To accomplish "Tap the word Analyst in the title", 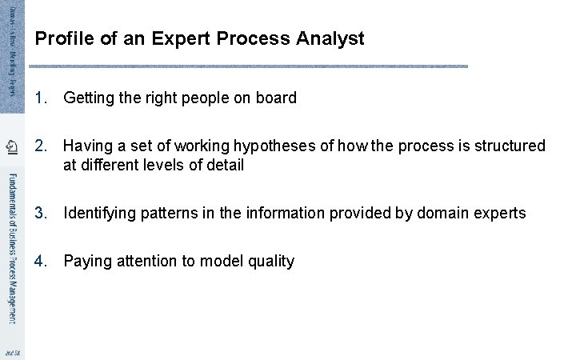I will (x=330, y=38).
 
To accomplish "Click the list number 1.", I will (x=42, y=98).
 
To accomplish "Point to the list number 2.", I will (x=42, y=146).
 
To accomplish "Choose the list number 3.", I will (x=42, y=213).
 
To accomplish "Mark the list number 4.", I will (x=42, y=261).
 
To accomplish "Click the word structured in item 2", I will (x=510, y=146).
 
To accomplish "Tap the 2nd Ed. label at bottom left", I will (x=11, y=352).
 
